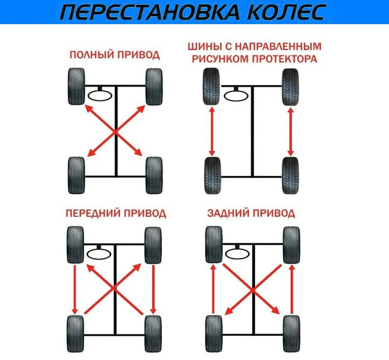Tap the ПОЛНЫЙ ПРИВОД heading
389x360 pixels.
pos(114,55)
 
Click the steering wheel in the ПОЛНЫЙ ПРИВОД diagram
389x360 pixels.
pos(101,95)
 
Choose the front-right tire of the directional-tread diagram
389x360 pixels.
pos(291,86)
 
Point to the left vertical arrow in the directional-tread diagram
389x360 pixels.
pos(212,132)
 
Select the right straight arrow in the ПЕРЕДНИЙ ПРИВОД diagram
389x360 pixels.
pos(154,289)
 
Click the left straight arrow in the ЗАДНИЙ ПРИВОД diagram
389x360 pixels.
pos(213,289)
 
